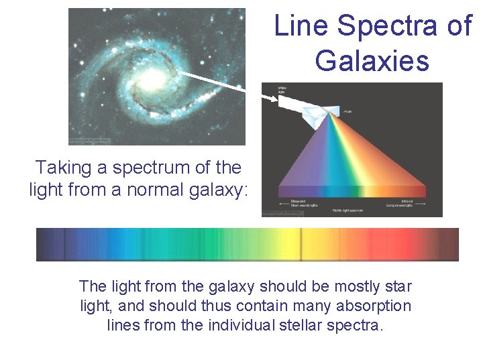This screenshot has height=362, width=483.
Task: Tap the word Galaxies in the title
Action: pyautogui.click(x=372, y=61)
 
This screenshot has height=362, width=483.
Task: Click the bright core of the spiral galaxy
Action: pyautogui.click(x=152, y=80)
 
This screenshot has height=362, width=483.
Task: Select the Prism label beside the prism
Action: pyautogui.click(x=347, y=111)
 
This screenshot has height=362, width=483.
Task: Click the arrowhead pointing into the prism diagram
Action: pyautogui.click(x=271, y=99)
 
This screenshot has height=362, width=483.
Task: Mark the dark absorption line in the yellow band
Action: pyautogui.click(x=300, y=245)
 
